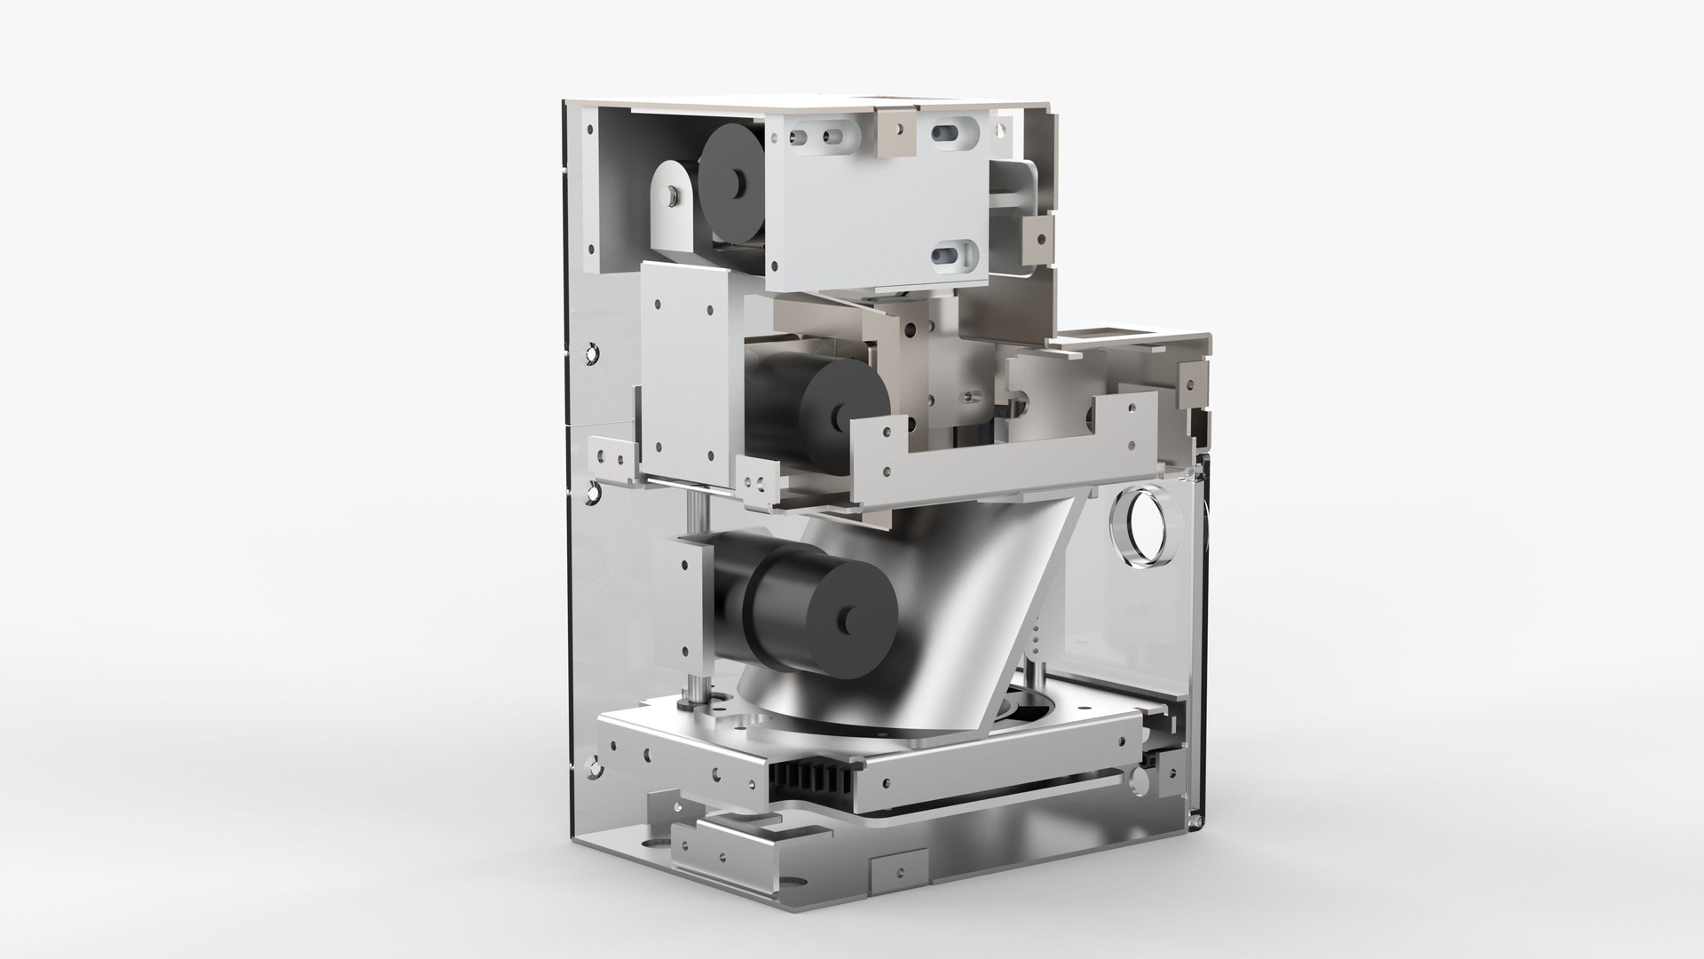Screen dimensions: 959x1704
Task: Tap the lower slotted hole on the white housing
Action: pyautogui.click(x=957, y=255)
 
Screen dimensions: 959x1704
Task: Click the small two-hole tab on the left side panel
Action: pyautogui.click(x=611, y=457)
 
